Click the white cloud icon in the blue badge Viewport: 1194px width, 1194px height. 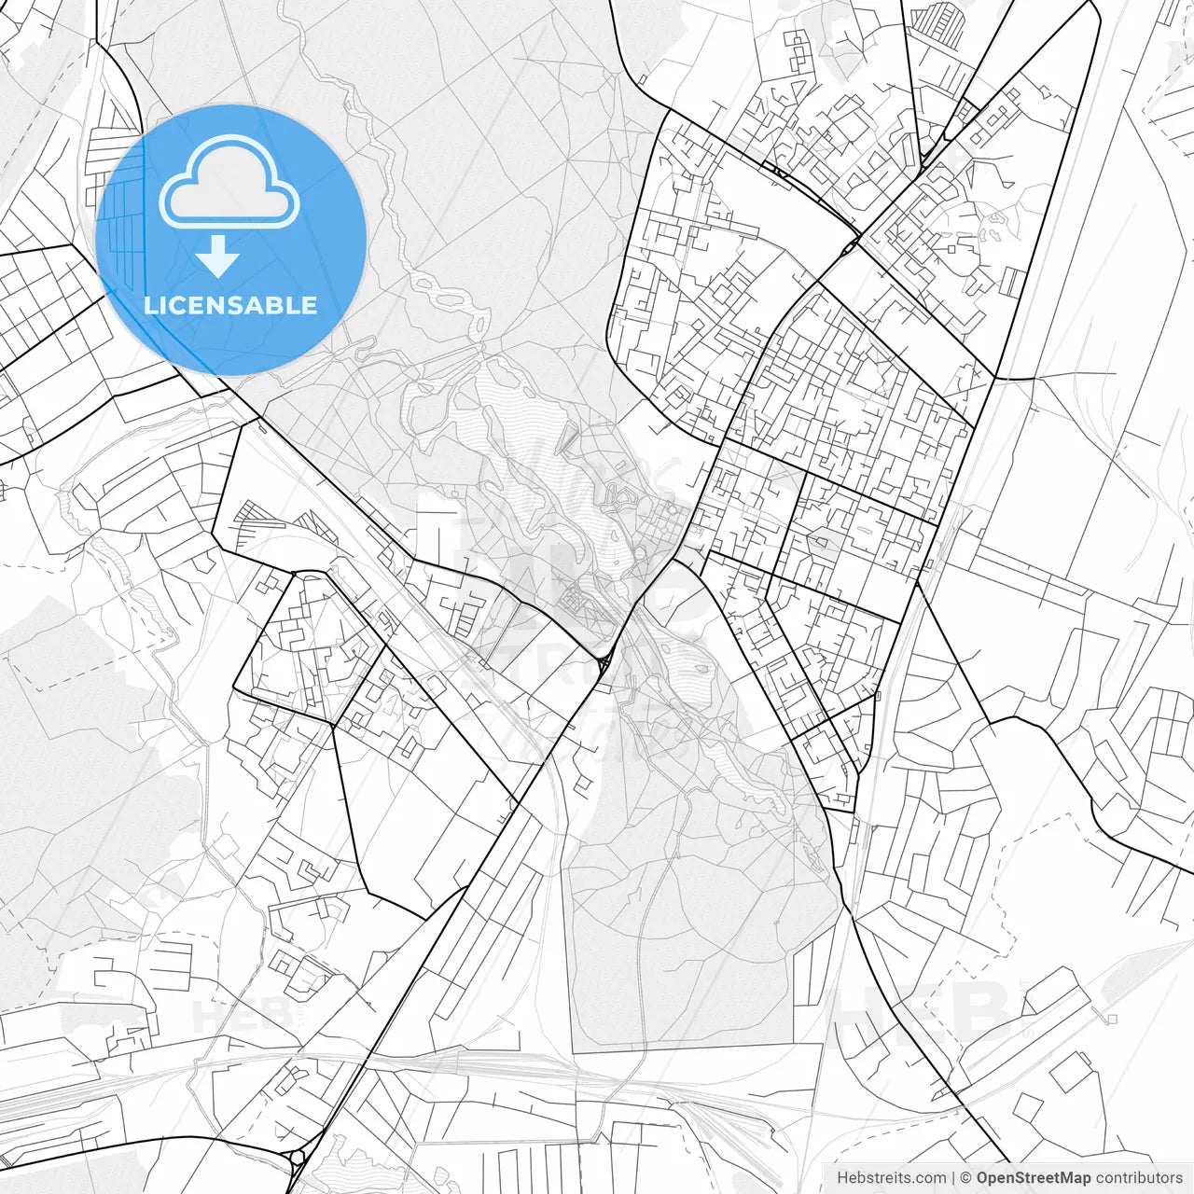[x=229, y=182]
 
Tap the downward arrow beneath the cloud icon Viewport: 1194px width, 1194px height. [x=218, y=256]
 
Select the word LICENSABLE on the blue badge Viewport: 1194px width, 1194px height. [x=230, y=305]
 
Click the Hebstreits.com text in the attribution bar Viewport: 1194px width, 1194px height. [x=891, y=1178]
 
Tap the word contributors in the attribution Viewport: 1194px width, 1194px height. [x=1139, y=1178]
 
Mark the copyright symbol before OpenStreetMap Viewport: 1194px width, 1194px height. [x=966, y=1178]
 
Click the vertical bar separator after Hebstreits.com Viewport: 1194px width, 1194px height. [x=953, y=1178]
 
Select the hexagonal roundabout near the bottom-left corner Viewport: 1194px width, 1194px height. [x=298, y=1159]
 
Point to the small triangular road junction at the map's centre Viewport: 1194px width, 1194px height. [x=604, y=663]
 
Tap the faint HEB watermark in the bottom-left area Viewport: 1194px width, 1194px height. [x=229, y=1014]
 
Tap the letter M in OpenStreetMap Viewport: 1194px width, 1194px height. [x=1063, y=1178]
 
